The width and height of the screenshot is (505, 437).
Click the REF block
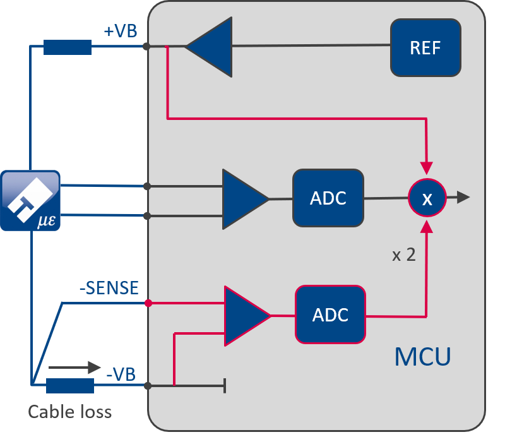point(425,48)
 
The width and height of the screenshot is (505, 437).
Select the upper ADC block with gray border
point(328,198)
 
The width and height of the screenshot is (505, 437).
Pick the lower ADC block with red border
point(330,314)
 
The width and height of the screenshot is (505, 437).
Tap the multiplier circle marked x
point(427,198)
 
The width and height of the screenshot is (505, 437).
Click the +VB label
point(121,31)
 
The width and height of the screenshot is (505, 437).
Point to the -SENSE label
point(109,288)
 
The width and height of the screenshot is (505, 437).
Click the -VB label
point(121,374)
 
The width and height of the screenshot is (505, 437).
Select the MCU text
point(422,357)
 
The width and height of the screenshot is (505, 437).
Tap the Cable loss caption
point(69,412)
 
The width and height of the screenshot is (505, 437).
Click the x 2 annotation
point(404,255)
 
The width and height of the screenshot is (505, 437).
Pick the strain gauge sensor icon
point(30,200)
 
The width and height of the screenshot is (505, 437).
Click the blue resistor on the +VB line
point(68,47)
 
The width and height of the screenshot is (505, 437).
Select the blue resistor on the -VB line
point(70,385)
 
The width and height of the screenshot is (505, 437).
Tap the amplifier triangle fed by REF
point(209,47)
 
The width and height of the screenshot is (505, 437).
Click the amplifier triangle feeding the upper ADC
point(246,199)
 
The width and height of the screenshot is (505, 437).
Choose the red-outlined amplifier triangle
point(247,316)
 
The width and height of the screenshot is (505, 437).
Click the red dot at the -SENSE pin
point(148,303)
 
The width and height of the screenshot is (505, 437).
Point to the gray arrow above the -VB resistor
point(74,368)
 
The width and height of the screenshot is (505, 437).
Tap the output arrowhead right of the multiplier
point(463,197)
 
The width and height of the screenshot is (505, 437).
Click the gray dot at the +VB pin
point(146,46)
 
